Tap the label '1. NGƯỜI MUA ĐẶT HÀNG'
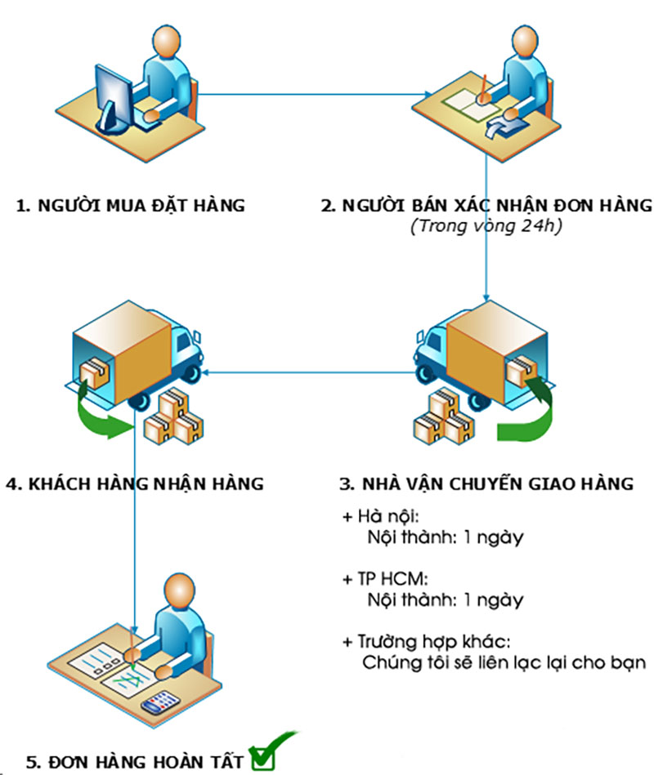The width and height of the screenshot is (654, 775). point(131,205)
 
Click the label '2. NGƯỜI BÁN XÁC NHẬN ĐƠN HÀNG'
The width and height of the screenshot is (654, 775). point(487,205)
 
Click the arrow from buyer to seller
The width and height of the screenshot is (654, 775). point(319,93)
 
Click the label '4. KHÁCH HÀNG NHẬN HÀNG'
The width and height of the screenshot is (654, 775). point(134,483)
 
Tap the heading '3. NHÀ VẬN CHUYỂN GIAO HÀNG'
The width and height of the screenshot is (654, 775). point(486,483)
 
